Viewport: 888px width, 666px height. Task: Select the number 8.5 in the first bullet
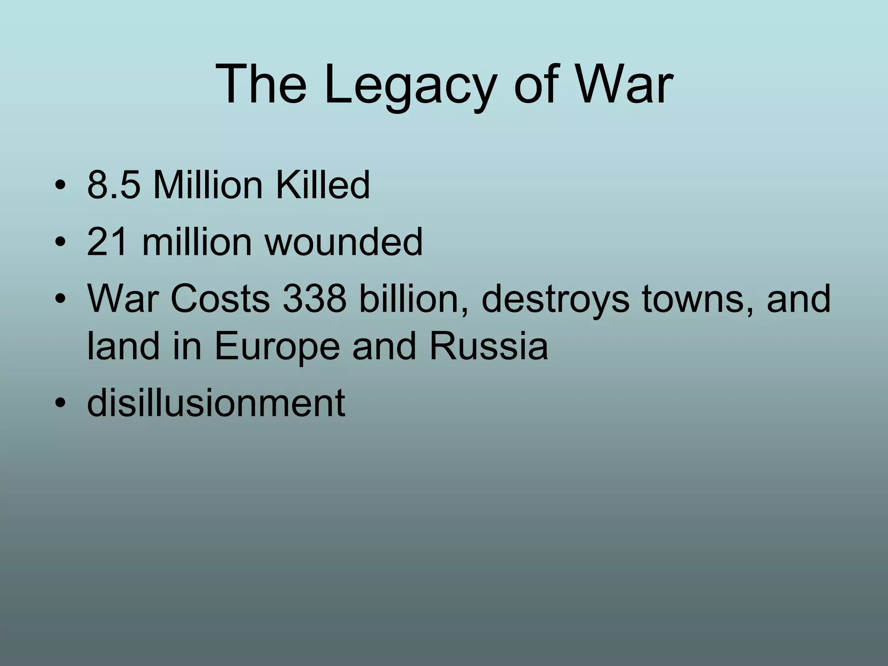(114, 186)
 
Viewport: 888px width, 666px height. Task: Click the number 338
(314, 299)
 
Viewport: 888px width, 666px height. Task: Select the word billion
(414, 299)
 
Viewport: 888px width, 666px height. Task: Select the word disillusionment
(216, 403)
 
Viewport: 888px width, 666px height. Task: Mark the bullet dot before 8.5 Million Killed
(60, 187)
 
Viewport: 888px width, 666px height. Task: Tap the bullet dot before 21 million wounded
(60, 243)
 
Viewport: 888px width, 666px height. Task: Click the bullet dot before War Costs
(60, 300)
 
